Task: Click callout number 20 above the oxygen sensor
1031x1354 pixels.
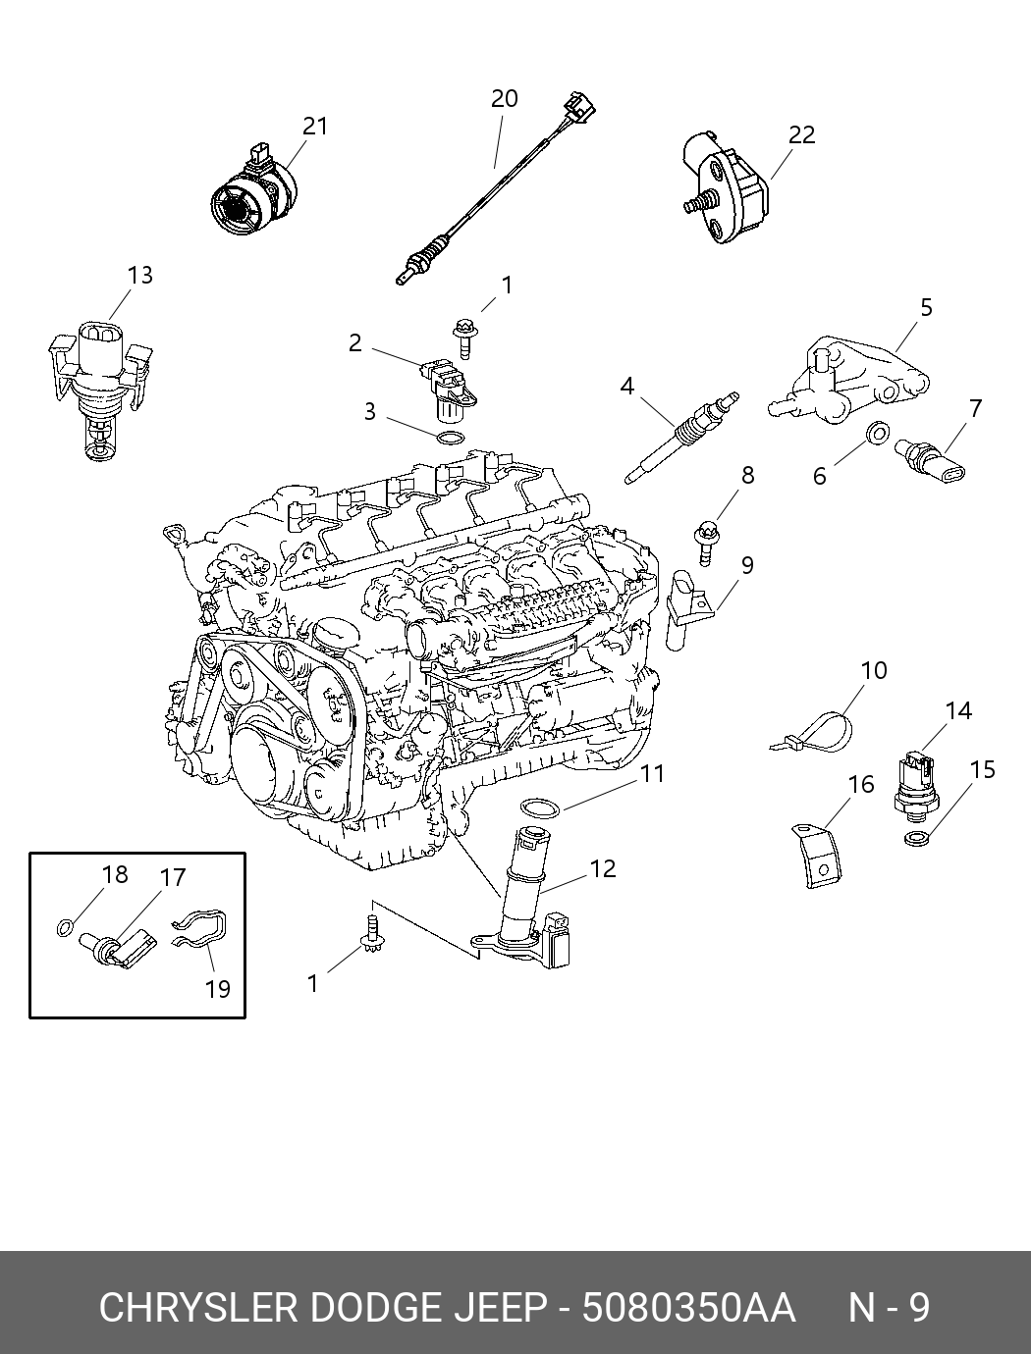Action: [504, 99]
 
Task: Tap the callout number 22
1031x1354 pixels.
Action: [802, 135]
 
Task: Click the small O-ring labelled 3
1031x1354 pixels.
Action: [448, 438]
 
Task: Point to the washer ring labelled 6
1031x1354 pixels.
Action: [877, 433]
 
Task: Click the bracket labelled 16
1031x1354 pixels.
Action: [816, 856]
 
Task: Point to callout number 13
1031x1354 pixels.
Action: [140, 275]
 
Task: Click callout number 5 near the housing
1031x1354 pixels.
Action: [926, 308]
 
